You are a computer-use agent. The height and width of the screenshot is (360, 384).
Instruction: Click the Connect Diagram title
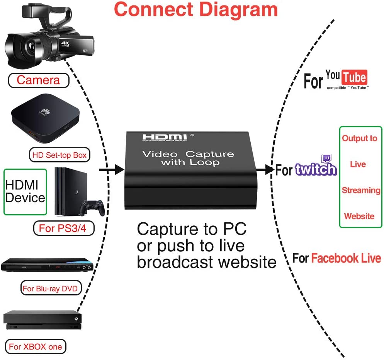pos(196,9)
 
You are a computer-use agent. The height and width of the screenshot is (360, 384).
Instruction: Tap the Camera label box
pos(39,80)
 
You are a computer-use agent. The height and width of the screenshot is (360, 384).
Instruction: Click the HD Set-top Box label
pos(59,155)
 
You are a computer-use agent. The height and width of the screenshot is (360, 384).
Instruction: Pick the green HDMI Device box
pos(25,192)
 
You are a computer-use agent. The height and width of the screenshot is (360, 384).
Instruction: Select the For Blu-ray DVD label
pos(50,288)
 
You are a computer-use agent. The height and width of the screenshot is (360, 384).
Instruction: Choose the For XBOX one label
pos(36,346)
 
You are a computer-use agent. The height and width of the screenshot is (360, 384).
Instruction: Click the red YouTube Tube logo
pos(355,78)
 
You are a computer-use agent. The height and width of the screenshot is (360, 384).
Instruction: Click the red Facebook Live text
pos(346,258)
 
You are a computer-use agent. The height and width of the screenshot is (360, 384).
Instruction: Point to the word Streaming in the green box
pos(361,190)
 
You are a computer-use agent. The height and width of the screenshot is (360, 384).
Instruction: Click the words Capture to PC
pos(191,229)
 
